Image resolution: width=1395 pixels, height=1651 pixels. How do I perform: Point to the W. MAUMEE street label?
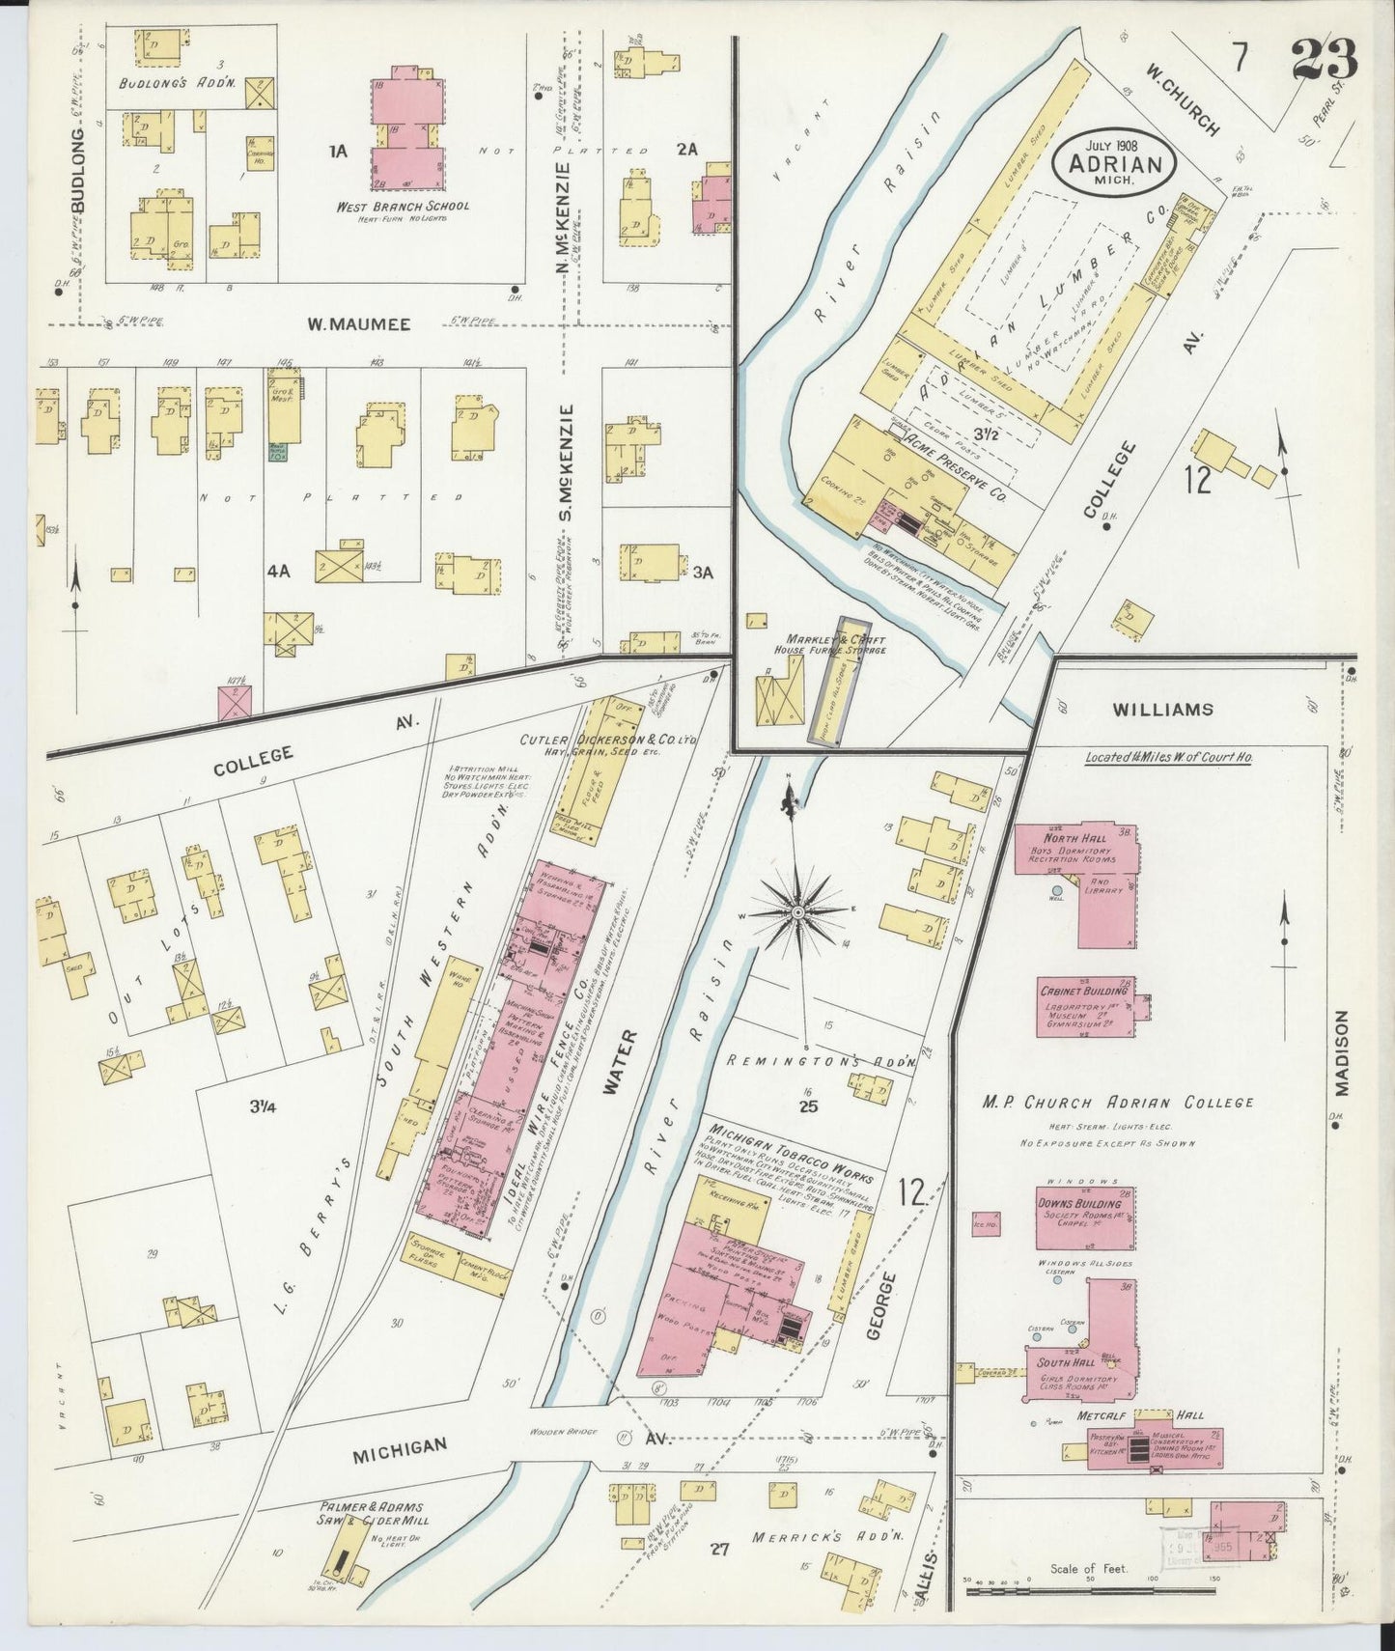coord(345,325)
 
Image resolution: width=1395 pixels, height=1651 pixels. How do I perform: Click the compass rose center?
coord(799,911)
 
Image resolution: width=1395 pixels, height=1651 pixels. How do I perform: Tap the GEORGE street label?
coord(876,1305)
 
